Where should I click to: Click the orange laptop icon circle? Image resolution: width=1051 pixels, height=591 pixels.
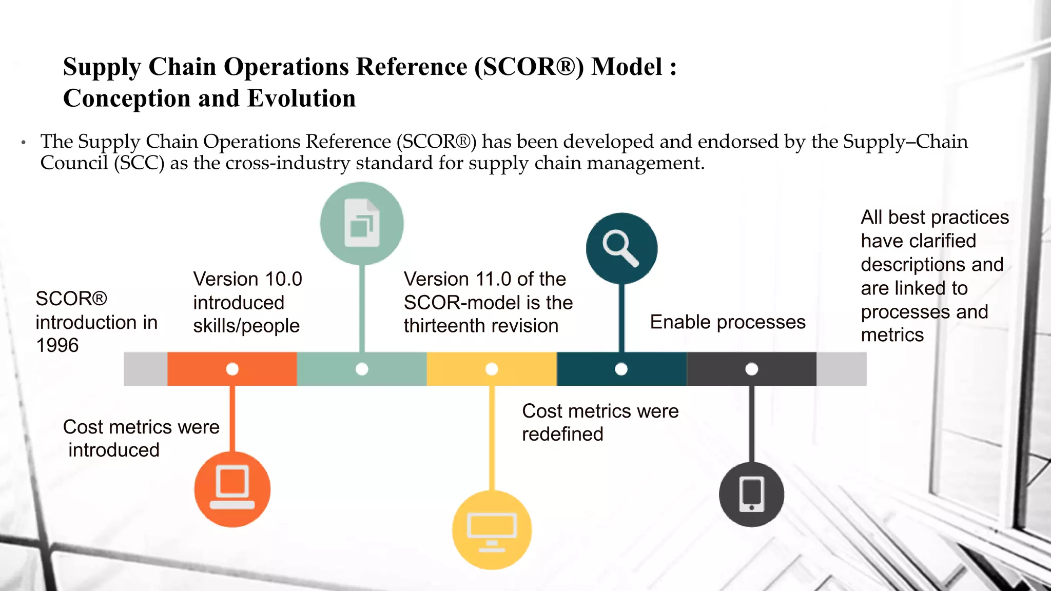(232, 489)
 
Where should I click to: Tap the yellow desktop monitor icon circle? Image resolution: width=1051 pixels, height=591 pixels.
(492, 530)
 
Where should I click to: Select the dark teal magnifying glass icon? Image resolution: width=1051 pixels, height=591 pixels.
(621, 248)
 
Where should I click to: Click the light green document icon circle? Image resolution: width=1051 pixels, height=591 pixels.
(362, 223)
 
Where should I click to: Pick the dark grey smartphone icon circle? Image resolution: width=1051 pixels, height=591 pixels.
(751, 494)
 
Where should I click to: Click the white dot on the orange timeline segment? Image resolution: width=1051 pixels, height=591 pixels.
(232, 369)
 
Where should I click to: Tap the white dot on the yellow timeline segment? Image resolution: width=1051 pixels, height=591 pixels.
(492, 369)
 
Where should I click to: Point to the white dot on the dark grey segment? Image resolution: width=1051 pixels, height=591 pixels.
(751, 369)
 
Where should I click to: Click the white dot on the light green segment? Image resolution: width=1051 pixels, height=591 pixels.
(362, 369)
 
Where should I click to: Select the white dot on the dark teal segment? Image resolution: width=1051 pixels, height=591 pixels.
(621, 369)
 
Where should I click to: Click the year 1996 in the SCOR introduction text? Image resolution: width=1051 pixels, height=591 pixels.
(57, 345)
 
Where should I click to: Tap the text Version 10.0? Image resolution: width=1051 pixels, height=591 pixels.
(247, 279)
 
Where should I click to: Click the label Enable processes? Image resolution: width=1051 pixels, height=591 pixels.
(727, 322)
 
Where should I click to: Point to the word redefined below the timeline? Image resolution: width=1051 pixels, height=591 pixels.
(562, 435)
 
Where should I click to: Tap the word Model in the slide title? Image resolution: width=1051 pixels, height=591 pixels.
(627, 67)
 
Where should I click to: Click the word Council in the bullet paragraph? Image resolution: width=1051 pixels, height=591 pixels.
(74, 163)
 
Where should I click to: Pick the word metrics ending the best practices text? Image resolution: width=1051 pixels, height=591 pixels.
(892, 335)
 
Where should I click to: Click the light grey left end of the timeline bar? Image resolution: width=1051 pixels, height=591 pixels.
(145, 369)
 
